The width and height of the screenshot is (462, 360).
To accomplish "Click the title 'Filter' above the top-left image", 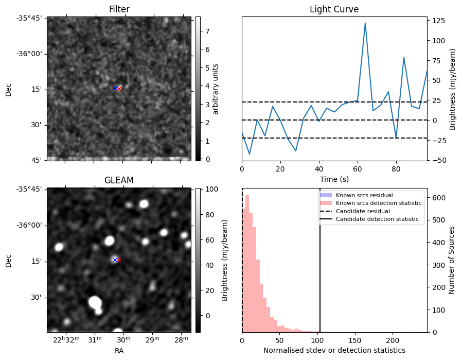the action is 119,9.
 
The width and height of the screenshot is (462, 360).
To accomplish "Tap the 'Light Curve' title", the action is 334,9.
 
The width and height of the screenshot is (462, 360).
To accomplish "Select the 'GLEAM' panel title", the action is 119,180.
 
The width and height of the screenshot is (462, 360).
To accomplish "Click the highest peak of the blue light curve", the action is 365,23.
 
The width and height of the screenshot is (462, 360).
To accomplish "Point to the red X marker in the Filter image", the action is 119,89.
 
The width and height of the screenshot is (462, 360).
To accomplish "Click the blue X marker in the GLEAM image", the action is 115,260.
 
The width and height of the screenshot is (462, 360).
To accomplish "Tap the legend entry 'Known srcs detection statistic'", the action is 378,203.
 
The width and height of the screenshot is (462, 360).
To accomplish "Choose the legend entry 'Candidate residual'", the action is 363,211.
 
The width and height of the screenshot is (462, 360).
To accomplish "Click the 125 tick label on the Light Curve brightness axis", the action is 439,21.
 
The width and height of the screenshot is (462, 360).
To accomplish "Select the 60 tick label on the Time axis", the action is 358,169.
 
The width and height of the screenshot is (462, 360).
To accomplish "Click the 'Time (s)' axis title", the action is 334,179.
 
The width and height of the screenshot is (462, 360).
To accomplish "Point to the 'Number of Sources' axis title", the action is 451,261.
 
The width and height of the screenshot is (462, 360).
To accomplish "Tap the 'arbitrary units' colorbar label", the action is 216,89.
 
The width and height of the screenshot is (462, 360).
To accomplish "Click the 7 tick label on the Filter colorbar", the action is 207,31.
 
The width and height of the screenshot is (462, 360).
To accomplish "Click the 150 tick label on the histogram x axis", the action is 355,340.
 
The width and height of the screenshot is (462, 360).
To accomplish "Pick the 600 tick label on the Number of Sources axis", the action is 439,198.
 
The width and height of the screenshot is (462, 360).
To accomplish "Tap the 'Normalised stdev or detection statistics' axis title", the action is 334,350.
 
